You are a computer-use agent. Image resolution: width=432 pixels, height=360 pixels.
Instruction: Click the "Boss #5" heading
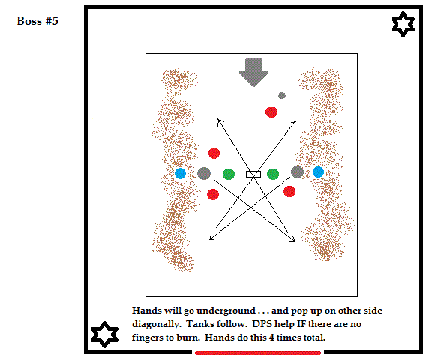click(37, 21)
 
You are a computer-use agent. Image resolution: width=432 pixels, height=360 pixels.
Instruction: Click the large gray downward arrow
click(253, 72)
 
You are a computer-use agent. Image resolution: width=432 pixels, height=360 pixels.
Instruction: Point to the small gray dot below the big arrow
click(282, 95)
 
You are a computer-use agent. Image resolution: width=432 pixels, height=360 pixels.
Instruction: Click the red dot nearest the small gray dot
click(271, 112)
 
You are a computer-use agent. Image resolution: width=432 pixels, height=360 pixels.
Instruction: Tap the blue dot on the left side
click(181, 173)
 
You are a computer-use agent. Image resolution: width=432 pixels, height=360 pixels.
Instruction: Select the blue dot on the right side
click(318, 172)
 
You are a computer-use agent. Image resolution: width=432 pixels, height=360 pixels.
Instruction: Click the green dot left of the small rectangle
click(229, 174)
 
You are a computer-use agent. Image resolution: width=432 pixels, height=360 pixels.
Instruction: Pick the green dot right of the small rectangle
click(273, 174)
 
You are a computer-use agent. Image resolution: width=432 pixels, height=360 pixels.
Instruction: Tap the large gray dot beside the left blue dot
click(204, 173)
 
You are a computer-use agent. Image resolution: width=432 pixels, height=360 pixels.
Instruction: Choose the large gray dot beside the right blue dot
click(297, 172)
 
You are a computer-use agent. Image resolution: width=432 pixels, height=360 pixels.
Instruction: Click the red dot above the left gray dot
click(214, 154)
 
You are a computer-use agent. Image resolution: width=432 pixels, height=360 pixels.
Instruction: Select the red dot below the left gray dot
click(213, 194)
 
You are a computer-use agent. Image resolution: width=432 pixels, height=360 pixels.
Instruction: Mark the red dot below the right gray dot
click(289, 192)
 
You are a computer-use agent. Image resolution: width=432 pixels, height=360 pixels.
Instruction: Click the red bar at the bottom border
click(258, 352)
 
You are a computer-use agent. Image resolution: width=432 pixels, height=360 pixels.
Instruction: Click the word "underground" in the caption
click(226, 310)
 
